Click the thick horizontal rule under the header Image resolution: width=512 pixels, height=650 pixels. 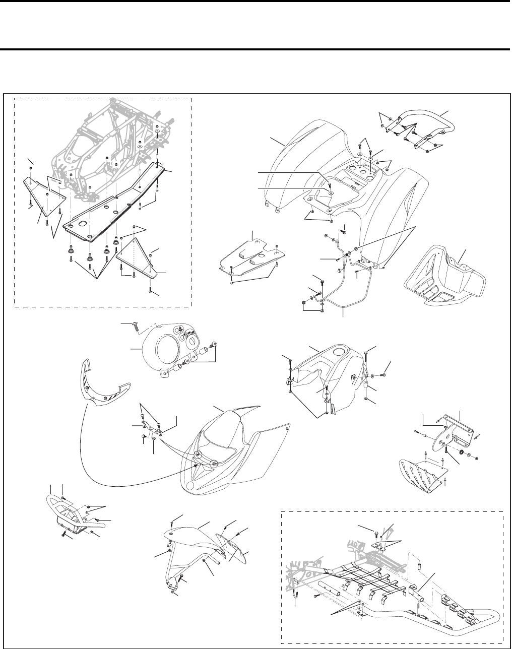256,49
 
